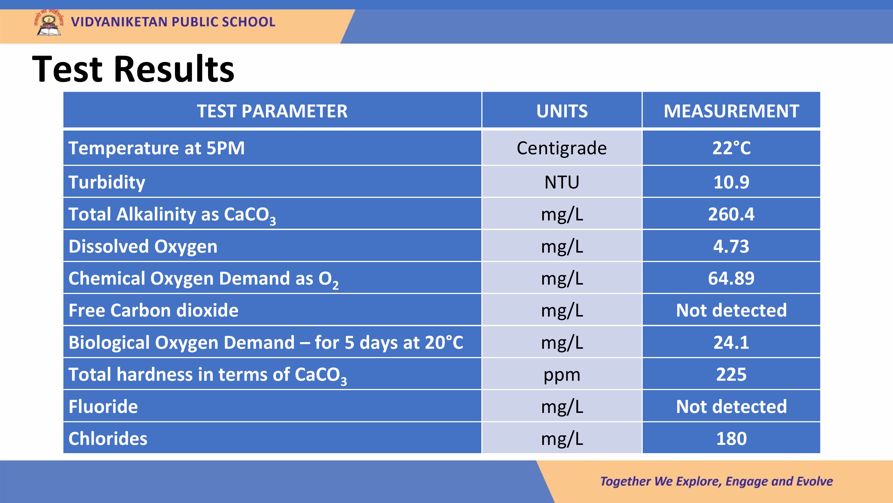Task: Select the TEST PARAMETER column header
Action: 272,111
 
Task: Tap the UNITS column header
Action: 562,111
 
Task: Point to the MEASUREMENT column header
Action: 731,111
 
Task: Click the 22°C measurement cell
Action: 731,148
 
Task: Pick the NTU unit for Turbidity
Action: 562,182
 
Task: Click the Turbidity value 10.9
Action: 731,182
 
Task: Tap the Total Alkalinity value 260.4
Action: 731,214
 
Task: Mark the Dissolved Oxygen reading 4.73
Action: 731,246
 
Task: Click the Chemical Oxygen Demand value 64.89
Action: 731,278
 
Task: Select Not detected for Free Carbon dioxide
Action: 731,310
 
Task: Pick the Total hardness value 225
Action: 731,374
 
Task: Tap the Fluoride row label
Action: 103,406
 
